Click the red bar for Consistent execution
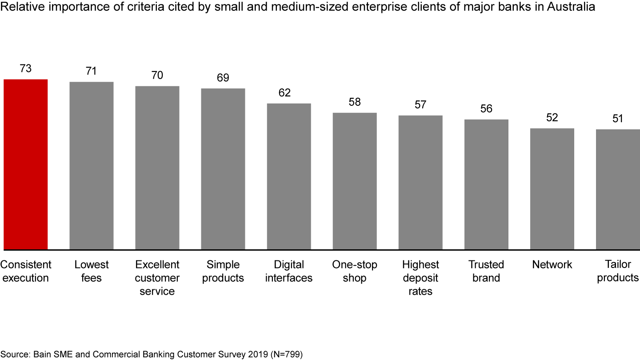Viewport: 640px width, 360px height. pos(25,164)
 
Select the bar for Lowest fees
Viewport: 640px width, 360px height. pos(92,166)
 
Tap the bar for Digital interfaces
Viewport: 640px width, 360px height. pos(289,176)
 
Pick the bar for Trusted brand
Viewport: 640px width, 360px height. pos(486,184)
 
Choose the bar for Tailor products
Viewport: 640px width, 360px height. pos(618,189)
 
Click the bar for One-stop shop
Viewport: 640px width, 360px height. pos(355,181)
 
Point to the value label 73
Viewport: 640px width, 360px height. pos(25,69)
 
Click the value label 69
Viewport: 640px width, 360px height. pos(223,78)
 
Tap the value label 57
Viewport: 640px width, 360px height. pos(420,105)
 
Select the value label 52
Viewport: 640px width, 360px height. pos(552,118)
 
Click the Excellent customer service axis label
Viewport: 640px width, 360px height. pos(157,278)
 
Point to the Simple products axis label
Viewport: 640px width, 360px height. pos(223,271)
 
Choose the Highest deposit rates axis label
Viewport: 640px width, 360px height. pos(420,278)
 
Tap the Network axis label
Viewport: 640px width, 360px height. pos(552,265)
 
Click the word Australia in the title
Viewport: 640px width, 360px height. pos(572,8)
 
